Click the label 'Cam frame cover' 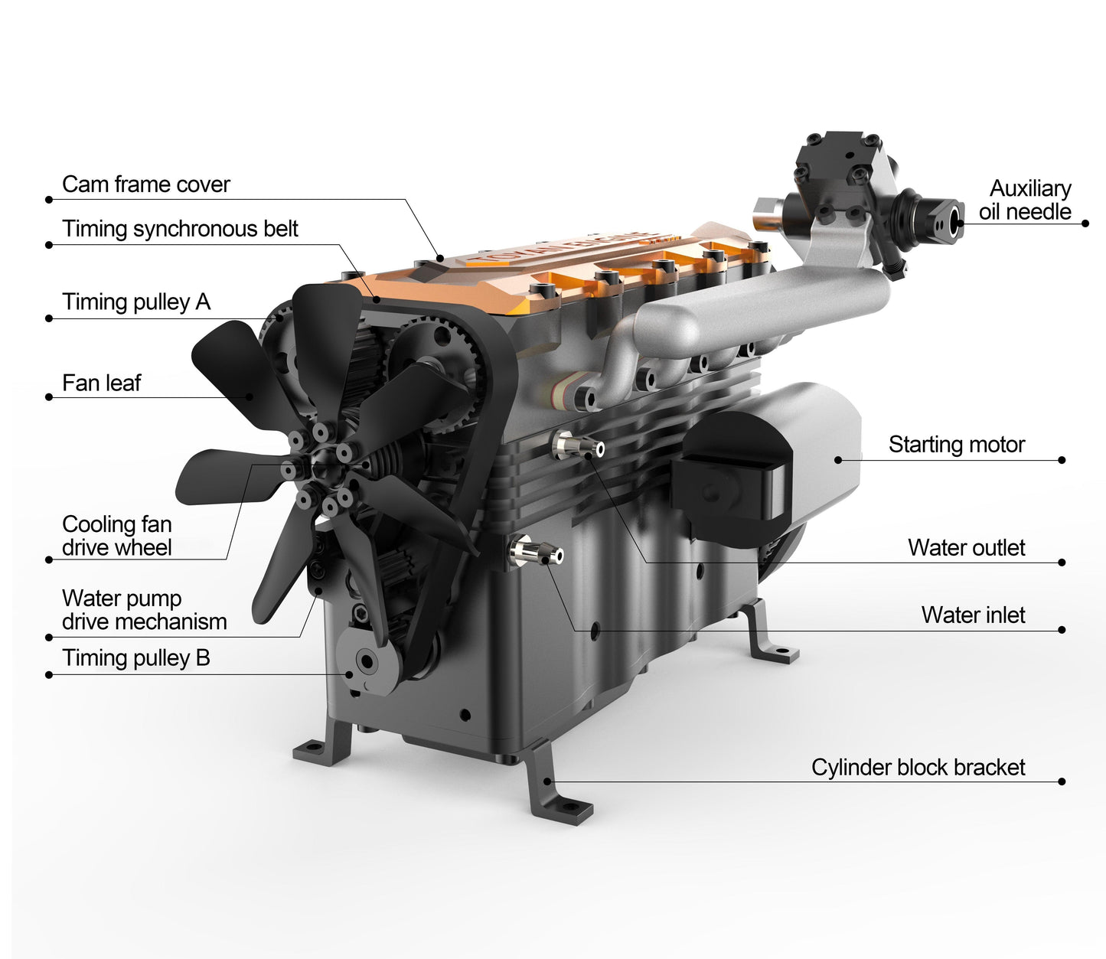click(x=145, y=184)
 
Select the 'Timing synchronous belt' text click(x=180, y=229)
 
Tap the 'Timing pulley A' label click(x=136, y=302)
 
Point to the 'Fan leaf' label click(x=101, y=383)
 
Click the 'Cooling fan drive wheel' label click(x=116, y=536)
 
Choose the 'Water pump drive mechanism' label click(x=144, y=610)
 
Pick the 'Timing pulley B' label click(x=135, y=658)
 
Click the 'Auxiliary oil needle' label click(x=1026, y=200)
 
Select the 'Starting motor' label click(x=956, y=445)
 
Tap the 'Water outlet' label click(x=966, y=548)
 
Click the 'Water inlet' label click(x=973, y=615)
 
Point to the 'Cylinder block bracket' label click(x=918, y=768)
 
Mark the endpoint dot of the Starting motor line click(x=1062, y=460)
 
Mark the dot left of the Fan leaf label click(x=49, y=397)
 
